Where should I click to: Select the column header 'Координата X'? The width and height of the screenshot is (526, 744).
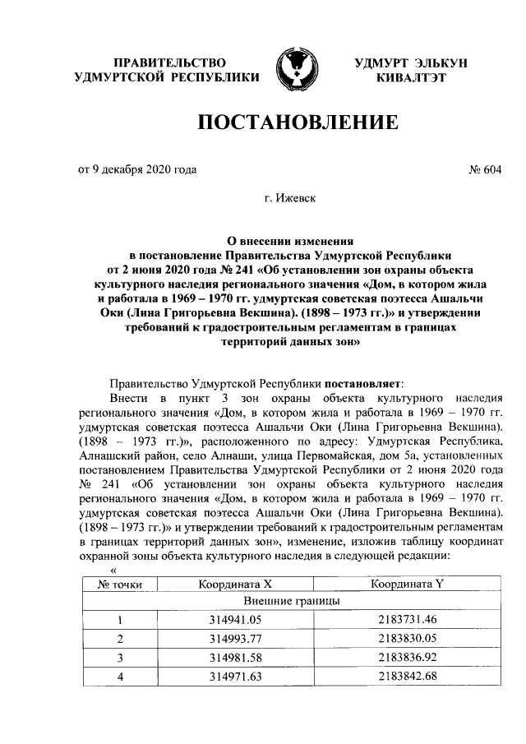[235, 585]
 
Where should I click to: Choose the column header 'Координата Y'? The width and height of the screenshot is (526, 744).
[408, 585]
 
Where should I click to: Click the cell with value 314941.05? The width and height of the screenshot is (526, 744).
[235, 621]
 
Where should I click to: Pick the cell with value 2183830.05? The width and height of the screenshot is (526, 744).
[408, 639]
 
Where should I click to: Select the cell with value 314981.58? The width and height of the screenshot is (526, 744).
[235, 658]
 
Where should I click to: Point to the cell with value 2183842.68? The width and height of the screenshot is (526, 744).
[408, 677]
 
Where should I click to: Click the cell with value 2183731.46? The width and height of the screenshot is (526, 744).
[408, 621]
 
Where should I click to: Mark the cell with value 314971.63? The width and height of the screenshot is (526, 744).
[235, 677]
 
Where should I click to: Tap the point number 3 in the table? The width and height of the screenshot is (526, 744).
[120, 658]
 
